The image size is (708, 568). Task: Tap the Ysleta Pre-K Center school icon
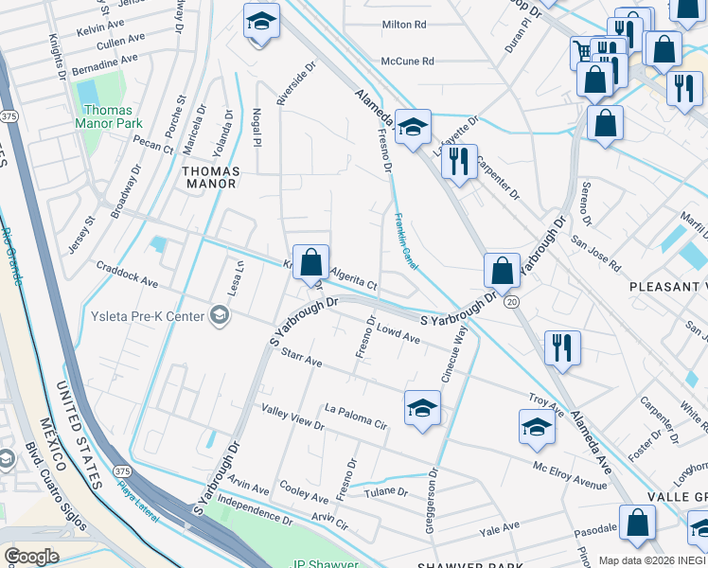point(220,315)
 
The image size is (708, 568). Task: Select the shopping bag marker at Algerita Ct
point(310,262)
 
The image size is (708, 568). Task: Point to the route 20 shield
point(512,300)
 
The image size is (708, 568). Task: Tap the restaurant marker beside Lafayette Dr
point(459,162)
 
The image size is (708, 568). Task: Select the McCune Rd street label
point(407,62)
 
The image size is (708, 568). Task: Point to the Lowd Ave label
point(398,335)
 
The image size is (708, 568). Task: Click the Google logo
point(32,557)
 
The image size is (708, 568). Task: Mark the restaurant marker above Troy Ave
point(563,347)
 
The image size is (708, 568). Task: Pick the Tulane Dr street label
point(389,492)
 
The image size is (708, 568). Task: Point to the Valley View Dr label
point(292,417)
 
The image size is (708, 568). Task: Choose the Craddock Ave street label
point(127,277)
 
